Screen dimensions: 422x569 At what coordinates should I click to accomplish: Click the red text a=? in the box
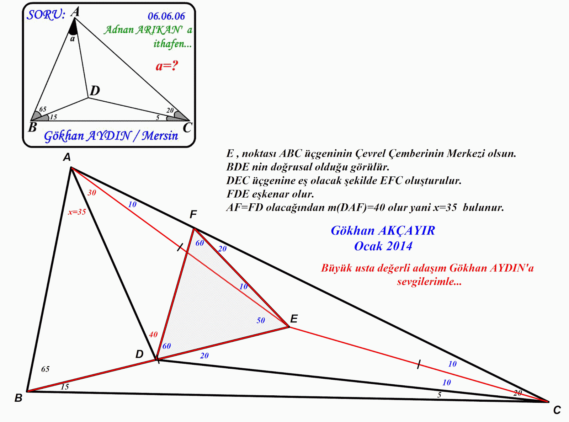[x=166, y=66]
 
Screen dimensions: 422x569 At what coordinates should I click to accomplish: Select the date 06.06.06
[x=166, y=16]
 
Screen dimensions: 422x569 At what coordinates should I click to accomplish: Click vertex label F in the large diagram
[x=193, y=214]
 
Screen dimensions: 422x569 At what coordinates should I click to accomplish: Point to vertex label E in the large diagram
[x=294, y=319]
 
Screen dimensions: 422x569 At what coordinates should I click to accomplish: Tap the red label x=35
[x=77, y=212]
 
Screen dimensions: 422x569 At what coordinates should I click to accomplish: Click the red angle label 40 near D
[x=153, y=334]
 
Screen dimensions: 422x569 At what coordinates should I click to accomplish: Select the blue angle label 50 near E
[x=261, y=320]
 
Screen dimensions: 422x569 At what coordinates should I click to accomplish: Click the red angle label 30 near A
[x=92, y=193]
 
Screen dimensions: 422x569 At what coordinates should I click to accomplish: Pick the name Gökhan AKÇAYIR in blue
[x=383, y=230]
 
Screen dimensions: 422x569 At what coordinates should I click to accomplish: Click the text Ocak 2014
[x=383, y=246]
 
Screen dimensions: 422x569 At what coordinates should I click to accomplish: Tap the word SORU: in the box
[x=46, y=15]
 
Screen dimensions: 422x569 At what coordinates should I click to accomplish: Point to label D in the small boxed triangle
[x=95, y=91]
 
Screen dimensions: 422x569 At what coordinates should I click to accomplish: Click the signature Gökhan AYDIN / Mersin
[x=111, y=135]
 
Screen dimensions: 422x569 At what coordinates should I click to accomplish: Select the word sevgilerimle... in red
[x=429, y=282]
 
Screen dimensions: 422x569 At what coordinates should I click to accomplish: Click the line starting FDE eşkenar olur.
[x=270, y=194]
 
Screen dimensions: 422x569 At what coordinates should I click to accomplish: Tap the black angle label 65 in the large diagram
[x=45, y=369]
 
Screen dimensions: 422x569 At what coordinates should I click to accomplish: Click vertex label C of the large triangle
[x=557, y=410]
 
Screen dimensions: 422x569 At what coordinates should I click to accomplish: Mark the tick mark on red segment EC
[x=419, y=364]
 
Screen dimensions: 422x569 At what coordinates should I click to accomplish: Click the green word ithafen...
[x=172, y=44]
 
